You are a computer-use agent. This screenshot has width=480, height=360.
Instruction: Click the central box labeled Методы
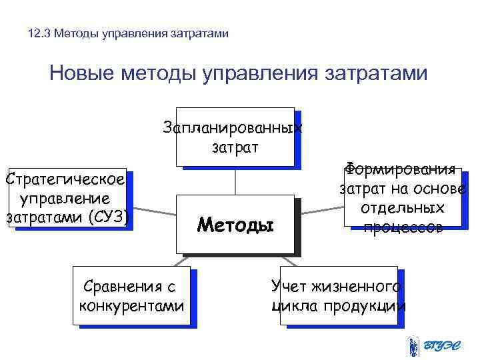(x=235, y=225)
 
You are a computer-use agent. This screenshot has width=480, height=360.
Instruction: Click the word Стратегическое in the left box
(x=65, y=180)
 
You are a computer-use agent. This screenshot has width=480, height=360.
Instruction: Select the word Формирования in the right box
(x=401, y=169)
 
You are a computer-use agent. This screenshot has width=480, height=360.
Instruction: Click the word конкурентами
(x=131, y=306)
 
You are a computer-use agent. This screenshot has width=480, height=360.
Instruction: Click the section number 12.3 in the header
(x=41, y=33)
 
